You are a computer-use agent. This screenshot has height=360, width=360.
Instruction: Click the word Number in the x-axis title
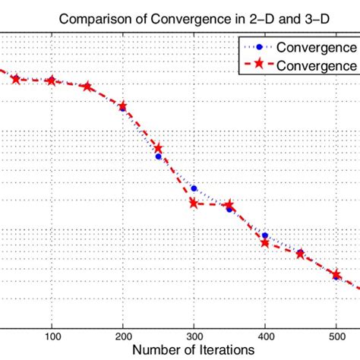[156, 350]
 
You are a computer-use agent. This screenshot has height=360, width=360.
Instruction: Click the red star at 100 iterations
[52, 81]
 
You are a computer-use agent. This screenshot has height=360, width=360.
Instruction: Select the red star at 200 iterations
[123, 106]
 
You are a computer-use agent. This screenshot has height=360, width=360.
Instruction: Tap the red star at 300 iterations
[194, 203]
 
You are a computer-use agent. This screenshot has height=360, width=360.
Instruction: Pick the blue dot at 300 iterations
[194, 188]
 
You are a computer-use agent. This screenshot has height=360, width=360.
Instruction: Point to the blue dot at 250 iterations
[159, 156]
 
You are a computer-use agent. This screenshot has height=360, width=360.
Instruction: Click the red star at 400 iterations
[265, 242]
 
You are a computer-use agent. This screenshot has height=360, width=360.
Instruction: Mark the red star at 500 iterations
[336, 273]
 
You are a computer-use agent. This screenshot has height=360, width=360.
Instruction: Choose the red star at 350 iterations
[229, 205]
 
